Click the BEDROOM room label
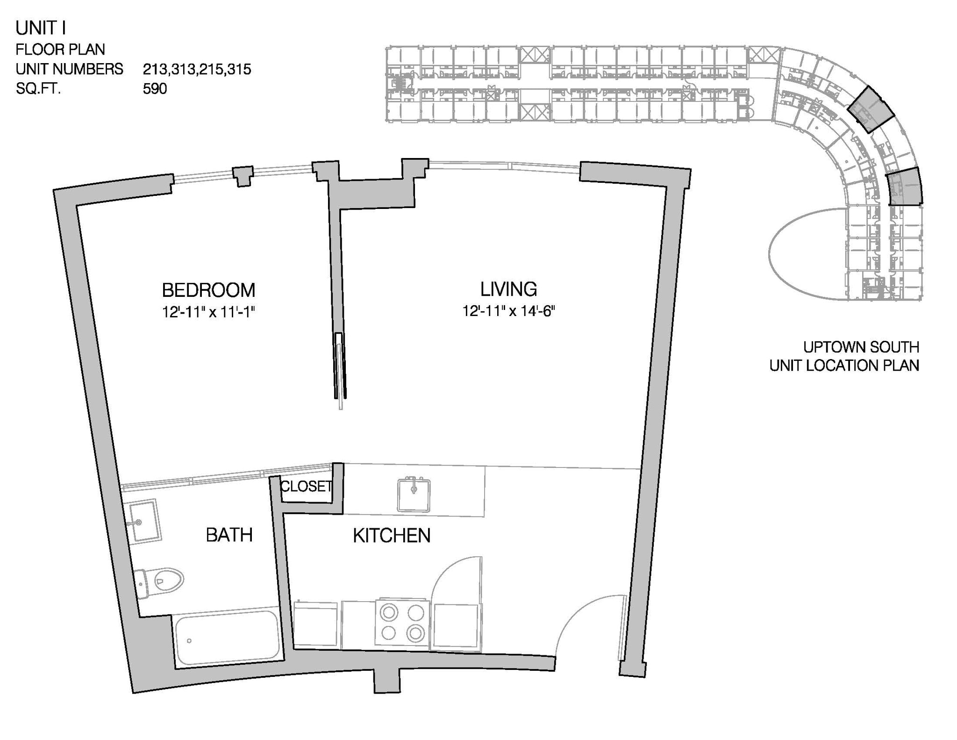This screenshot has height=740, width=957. point(208,290)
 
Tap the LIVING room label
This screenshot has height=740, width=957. point(508,289)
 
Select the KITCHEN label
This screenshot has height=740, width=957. point(391,536)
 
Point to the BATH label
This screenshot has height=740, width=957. point(229,535)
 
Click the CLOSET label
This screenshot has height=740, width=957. point(306,487)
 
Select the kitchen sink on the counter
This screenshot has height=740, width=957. point(414,495)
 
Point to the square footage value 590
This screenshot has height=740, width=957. point(155,88)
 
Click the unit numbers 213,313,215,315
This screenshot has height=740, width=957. point(197,69)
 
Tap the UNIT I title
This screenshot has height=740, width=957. point(41,28)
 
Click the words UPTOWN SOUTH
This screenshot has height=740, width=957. point(861,347)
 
